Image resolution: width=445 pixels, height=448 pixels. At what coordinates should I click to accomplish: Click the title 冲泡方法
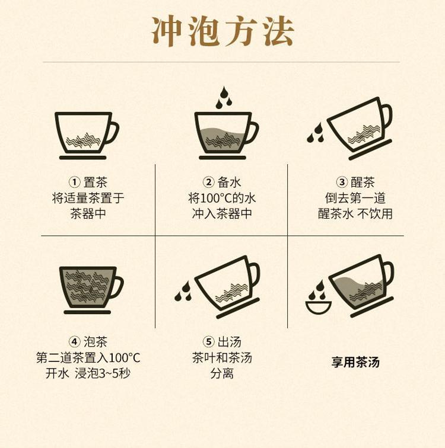[223, 31]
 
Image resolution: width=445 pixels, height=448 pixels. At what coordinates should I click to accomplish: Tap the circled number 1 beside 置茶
[75, 182]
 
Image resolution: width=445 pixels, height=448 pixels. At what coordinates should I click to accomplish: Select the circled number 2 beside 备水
[208, 182]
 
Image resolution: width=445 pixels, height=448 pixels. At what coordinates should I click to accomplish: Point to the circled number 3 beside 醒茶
[342, 182]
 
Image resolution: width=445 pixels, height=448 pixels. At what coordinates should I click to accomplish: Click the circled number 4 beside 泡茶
[75, 341]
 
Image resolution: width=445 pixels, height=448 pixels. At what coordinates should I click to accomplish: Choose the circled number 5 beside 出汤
[208, 341]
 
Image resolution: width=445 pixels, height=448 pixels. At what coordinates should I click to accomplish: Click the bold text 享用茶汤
[355, 362]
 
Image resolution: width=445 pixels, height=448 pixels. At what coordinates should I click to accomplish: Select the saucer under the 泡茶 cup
[87, 312]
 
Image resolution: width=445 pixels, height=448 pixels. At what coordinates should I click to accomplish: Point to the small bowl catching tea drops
[318, 307]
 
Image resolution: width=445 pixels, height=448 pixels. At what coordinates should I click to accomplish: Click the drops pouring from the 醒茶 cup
[315, 132]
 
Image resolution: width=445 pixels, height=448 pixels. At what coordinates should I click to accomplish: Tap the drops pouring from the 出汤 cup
[183, 291]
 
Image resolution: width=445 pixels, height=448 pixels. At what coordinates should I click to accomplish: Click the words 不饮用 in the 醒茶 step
[375, 213]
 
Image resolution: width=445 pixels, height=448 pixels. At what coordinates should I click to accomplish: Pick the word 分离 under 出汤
[222, 373]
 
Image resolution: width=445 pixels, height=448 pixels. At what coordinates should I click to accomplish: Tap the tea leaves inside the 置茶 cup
[83, 140]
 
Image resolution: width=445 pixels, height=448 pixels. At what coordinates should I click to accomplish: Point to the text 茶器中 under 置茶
[88, 213]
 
